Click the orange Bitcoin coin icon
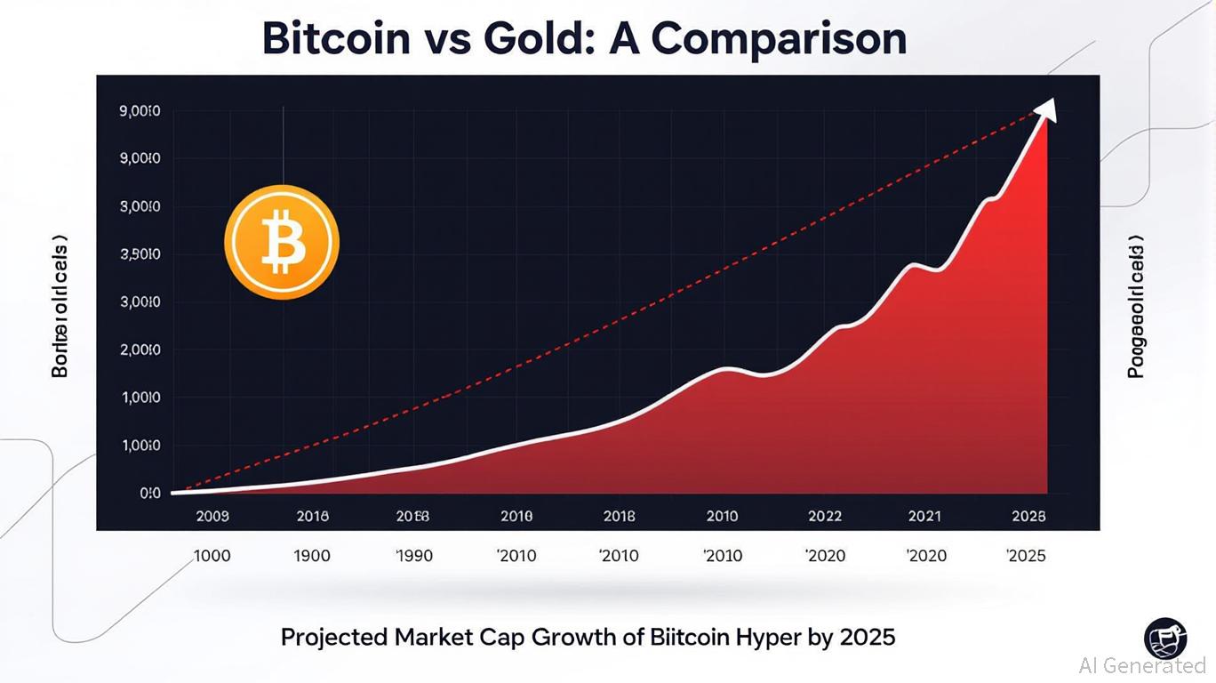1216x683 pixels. click(x=281, y=242)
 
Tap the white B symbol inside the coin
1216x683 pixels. click(x=283, y=242)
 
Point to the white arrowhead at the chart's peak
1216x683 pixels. click(x=1047, y=108)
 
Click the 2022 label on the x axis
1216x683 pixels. click(x=824, y=516)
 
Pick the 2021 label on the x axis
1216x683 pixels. click(x=924, y=516)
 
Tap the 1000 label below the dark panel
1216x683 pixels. click(x=212, y=556)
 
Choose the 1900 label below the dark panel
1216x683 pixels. click(x=311, y=556)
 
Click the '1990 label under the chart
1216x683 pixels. click(x=413, y=556)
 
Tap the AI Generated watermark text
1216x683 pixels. click(x=1142, y=665)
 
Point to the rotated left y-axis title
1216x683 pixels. click(x=60, y=306)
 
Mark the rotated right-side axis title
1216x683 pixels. click(x=1136, y=308)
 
